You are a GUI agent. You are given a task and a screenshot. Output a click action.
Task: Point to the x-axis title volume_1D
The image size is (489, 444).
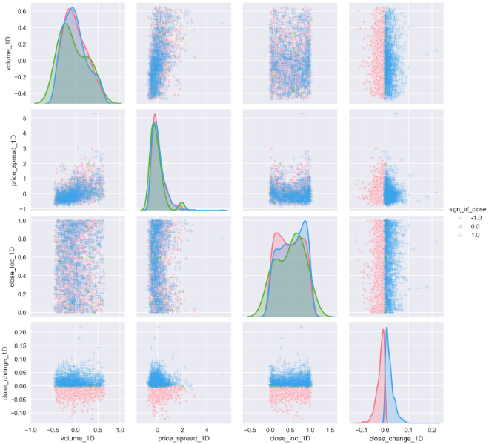75,439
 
